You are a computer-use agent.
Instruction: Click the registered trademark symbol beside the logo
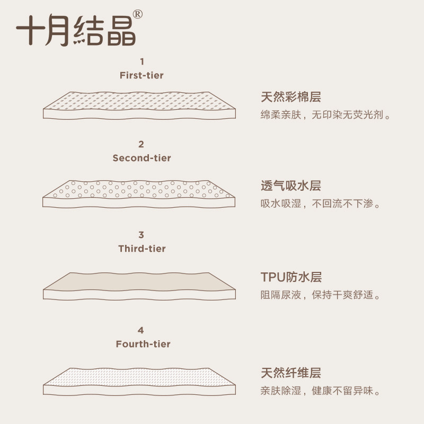pyautogui.click(x=138, y=14)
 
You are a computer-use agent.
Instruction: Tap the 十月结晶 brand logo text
pyautogui.click(x=76, y=30)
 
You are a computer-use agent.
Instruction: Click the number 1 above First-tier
pyautogui.click(x=142, y=61)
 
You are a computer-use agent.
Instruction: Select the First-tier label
pyautogui.click(x=142, y=75)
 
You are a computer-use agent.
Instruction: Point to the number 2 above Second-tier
pyautogui.click(x=141, y=144)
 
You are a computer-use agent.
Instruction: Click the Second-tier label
pyautogui.click(x=142, y=158)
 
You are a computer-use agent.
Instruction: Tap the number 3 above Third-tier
pyautogui.click(x=141, y=235)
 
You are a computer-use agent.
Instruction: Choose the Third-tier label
pyautogui.click(x=142, y=249)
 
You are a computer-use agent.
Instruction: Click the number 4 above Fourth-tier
pyautogui.click(x=140, y=330)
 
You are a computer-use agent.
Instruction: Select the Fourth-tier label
pyautogui.click(x=143, y=344)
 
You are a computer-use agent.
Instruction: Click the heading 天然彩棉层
pyautogui.click(x=290, y=97)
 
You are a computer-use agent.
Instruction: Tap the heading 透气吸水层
pyautogui.click(x=290, y=186)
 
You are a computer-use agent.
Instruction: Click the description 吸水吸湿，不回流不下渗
pyautogui.click(x=321, y=204)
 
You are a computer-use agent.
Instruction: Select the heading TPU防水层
pyautogui.click(x=291, y=277)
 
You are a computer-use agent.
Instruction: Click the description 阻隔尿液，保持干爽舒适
pyautogui.click(x=321, y=295)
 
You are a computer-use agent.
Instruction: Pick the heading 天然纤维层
pyautogui.click(x=290, y=373)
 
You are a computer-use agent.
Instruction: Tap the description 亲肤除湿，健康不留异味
pyautogui.click(x=321, y=391)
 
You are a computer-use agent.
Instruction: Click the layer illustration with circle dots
pyautogui.click(x=139, y=194)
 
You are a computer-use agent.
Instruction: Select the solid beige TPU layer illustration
pyautogui.click(x=139, y=286)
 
